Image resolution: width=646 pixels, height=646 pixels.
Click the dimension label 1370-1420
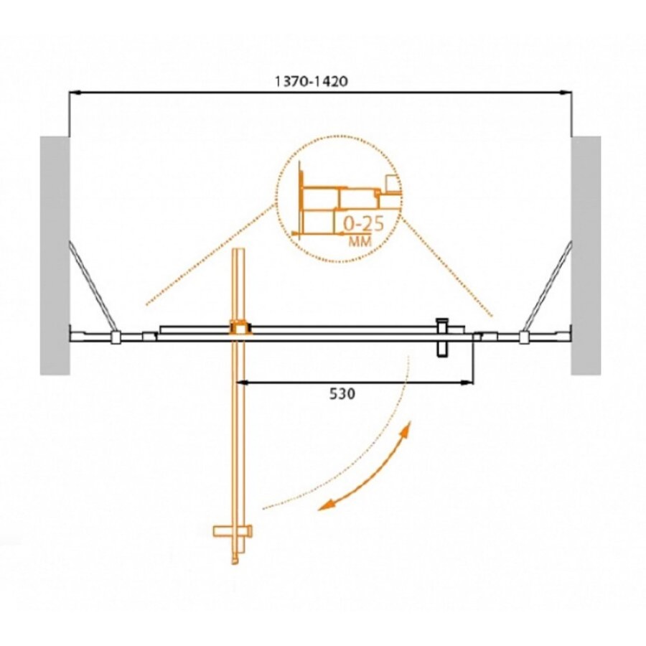311,81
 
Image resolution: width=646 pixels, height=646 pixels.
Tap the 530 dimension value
342,394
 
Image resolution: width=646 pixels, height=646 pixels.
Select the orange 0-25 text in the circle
363,224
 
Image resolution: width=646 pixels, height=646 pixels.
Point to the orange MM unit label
360,241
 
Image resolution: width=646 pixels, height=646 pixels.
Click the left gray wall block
55,256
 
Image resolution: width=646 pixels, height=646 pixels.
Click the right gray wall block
586,256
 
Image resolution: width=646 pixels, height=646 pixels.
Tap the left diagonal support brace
91,286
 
